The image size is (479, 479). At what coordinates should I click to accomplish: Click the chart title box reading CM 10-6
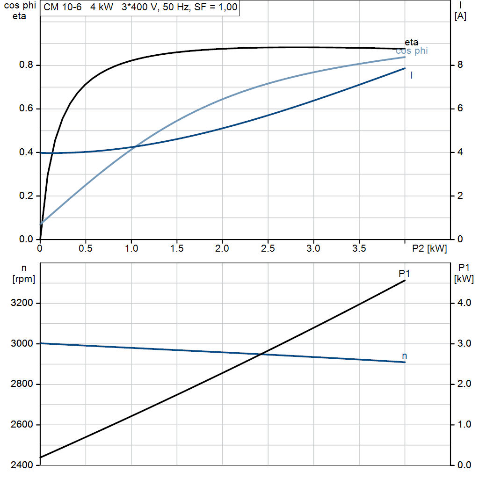point(140,7)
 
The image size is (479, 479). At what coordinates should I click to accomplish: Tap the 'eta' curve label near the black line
point(411,42)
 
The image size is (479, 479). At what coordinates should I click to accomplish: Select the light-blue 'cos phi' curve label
point(412,51)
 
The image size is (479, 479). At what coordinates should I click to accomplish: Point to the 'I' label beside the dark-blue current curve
point(412,75)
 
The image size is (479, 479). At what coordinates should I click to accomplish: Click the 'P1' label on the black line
point(404,273)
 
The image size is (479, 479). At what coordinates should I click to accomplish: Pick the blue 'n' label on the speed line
point(405,356)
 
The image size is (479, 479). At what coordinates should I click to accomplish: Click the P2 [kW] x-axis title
point(429,248)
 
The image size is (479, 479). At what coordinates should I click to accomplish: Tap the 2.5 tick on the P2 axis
point(268,248)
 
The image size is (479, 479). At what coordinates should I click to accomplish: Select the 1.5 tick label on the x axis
point(176,248)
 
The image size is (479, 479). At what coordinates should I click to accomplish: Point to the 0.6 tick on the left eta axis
point(26,109)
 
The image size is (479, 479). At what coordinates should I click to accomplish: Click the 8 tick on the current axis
point(460,65)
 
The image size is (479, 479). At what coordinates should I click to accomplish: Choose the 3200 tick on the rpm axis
point(22,303)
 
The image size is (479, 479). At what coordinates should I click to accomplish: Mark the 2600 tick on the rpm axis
point(22,424)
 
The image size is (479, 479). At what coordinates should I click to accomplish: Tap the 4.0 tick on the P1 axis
point(464,303)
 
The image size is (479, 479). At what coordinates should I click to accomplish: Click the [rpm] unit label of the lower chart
point(24,279)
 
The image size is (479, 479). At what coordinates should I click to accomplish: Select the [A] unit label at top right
point(460,16)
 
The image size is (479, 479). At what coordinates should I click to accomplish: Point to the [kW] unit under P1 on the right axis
point(464,279)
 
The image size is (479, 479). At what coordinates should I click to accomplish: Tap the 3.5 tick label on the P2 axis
point(359,248)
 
